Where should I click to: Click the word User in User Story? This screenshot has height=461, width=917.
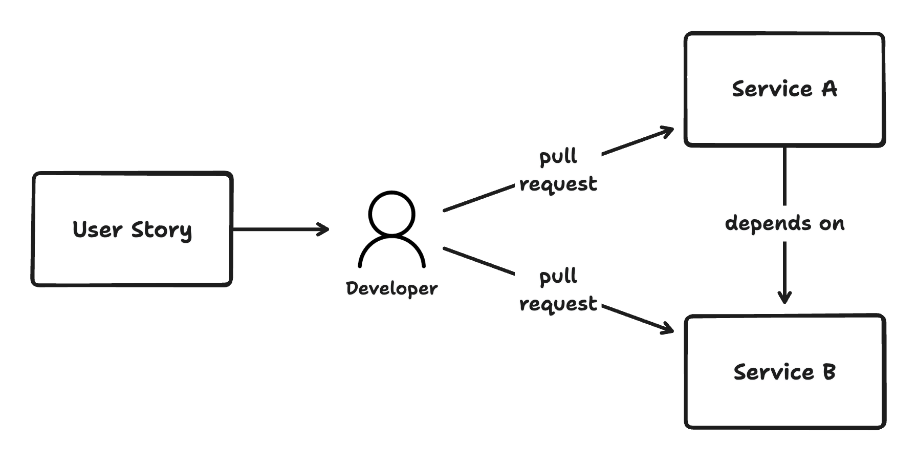coord(97,229)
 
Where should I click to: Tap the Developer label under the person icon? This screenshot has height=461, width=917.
coord(392,288)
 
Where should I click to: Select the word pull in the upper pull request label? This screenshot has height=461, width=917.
coord(558,156)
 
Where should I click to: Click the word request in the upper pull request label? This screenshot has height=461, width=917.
coord(558,183)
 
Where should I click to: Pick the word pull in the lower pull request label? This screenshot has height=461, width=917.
coord(558,277)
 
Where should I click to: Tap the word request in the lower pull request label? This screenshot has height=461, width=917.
coord(558,303)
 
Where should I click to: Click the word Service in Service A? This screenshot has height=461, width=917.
coord(772,89)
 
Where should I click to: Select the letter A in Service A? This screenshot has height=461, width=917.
coord(829,89)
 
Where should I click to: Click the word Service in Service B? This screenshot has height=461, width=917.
coord(773,372)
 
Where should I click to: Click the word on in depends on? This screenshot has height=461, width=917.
coord(832,224)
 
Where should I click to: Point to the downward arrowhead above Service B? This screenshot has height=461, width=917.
coord(784,299)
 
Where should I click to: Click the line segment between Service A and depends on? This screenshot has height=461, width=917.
coord(784,177)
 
